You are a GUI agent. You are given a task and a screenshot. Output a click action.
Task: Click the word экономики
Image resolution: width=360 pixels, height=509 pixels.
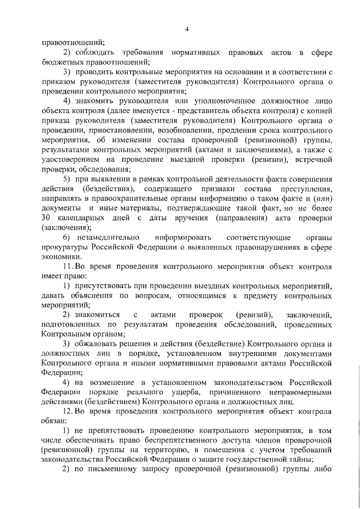click(60, 256)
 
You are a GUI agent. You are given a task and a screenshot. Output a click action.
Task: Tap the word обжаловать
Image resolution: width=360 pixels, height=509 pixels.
click(96, 344)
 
